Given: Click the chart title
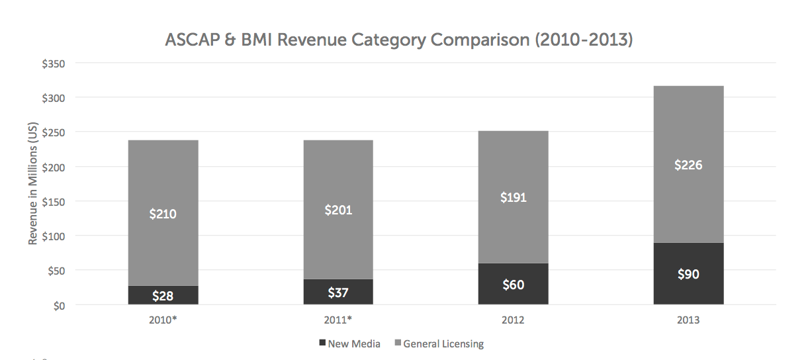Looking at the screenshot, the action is pos(399,40).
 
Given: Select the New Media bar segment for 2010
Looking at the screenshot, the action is pos(163,295).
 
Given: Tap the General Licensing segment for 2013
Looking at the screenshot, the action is pos(688,165).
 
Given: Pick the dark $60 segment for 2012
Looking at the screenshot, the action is pos(513,284).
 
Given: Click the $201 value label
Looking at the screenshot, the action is pos(338,210).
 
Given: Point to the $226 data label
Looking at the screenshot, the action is pos(688,165).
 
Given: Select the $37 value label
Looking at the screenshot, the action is pos(338,292).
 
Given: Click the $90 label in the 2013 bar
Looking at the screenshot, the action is pos(688,274).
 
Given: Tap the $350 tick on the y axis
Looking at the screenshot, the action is pos(54,64).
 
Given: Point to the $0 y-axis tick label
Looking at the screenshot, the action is pos(60,306).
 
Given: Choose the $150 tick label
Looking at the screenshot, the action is pos(54,202).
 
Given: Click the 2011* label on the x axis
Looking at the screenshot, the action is pos(337,320).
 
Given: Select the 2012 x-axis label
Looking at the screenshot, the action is pos(513,320).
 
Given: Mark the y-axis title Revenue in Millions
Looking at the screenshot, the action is pos(32,183).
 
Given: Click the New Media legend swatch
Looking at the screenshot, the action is pos(322,342).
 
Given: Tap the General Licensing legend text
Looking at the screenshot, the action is pos(443,343).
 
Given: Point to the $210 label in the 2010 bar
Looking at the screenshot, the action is pos(163,214).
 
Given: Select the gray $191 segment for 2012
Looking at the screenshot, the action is pos(513,197).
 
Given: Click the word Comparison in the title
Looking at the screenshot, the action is pos(480,40).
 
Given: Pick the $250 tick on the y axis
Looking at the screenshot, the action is pos(54,133).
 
